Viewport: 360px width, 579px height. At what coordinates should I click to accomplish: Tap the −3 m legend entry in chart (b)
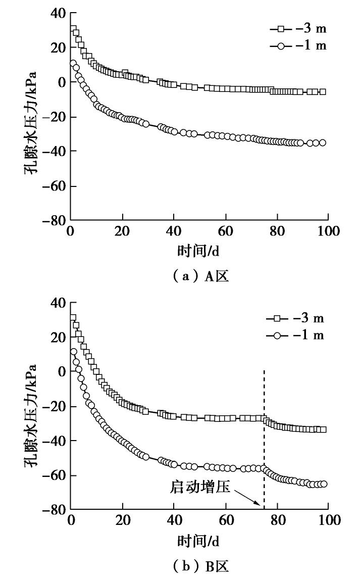(x=295, y=318)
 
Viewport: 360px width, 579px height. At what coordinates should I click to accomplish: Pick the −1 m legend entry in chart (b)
(x=295, y=335)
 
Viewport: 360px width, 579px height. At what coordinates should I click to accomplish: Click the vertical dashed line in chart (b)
(x=264, y=429)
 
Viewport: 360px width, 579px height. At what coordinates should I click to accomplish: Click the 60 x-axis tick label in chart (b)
(x=226, y=521)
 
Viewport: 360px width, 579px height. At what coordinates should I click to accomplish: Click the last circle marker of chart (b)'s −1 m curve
(x=324, y=484)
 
